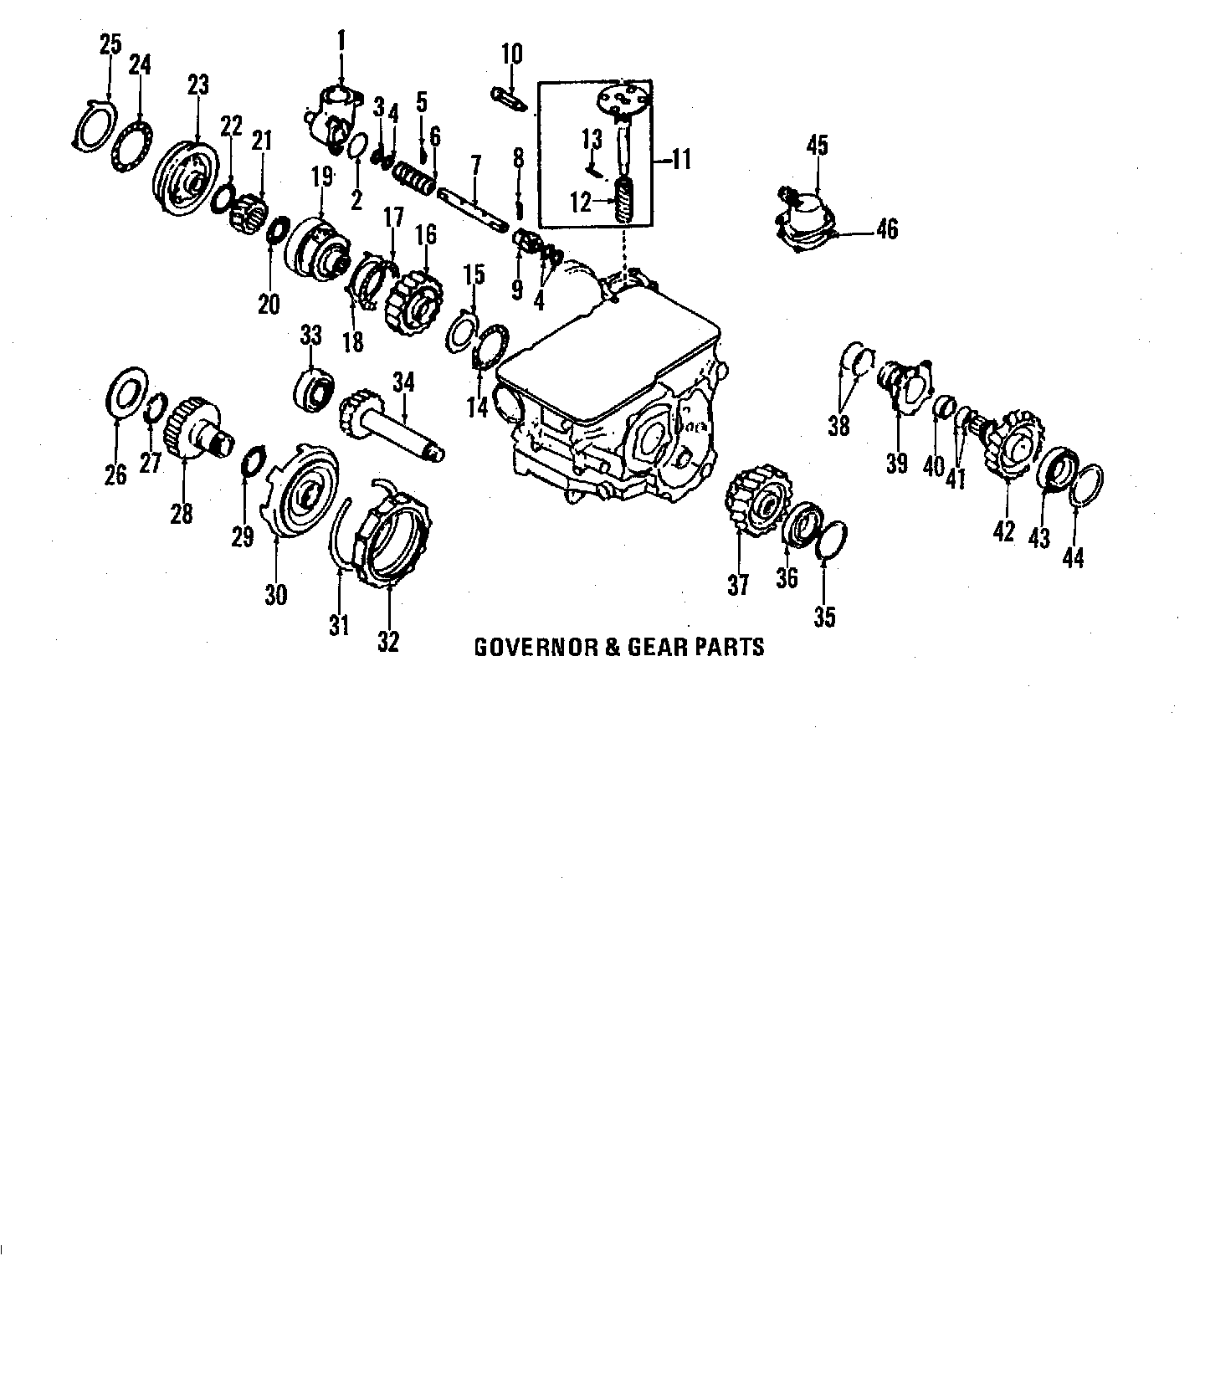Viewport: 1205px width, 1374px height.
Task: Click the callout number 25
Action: [x=110, y=44]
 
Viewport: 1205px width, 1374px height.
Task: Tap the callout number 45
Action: [x=818, y=145]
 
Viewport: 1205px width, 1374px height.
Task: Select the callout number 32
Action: [x=388, y=641]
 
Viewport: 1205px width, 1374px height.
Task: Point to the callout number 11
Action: [x=682, y=159]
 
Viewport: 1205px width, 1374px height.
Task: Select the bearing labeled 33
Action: [x=314, y=390]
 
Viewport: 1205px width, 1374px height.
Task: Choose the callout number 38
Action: [x=838, y=426]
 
